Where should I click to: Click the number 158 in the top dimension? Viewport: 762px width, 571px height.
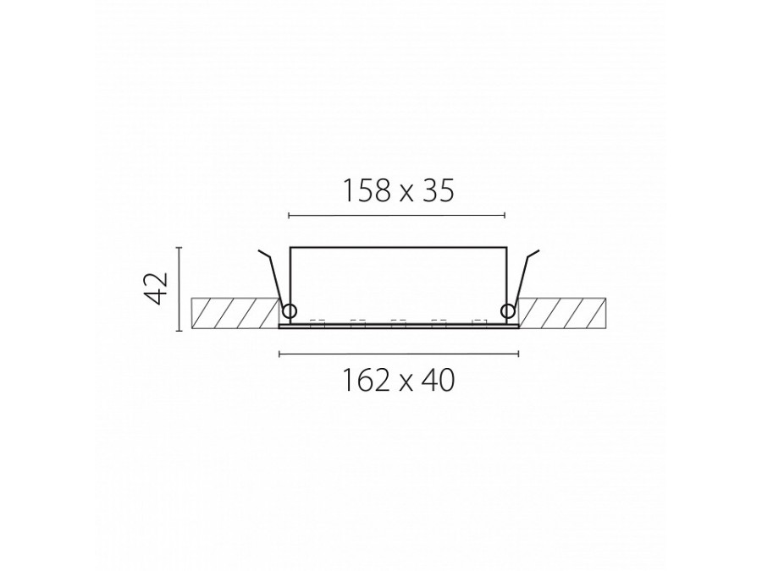point(367,190)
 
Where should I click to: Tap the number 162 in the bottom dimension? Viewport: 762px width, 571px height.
point(367,380)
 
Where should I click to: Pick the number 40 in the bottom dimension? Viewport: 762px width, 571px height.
point(439,380)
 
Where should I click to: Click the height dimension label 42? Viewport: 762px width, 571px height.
point(157,288)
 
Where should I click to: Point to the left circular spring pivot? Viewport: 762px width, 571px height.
point(290,310)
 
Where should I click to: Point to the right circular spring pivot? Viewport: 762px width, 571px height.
point(508,310)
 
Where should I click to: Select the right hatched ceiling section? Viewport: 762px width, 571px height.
point(563,313)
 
